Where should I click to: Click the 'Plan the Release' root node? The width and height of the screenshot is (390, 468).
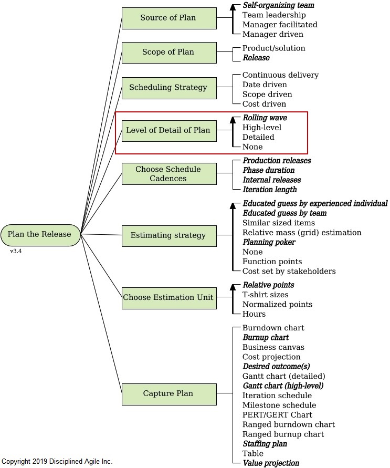coord(40,234)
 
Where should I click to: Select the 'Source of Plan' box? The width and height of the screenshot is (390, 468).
coord(169,18)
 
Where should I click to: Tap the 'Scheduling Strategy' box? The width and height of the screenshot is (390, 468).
coord(169,87)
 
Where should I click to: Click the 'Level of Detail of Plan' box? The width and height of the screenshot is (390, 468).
coord(169,130)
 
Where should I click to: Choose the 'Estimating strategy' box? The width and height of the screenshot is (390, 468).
coord(169,235)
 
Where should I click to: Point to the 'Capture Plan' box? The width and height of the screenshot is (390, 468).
coord(169,393)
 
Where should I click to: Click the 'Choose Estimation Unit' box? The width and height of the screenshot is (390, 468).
coord(169,297)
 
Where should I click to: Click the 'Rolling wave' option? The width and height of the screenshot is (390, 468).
coord(265,118)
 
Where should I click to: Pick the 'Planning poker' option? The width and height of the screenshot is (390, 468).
coord(269,242)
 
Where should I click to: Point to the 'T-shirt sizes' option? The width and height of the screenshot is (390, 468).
coord(265,295)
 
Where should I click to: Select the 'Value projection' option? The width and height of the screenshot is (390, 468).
coord(271,463)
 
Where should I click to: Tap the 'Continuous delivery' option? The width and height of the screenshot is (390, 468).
coord(280,75)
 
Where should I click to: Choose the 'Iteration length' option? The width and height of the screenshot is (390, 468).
coord(269,190)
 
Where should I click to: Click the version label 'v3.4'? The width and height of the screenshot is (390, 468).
coord(16,251)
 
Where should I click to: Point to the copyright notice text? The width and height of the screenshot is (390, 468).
coord(57,462)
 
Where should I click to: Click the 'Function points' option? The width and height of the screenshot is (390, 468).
coord(272,262)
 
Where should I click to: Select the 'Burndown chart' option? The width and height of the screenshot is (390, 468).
coord(273,328)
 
